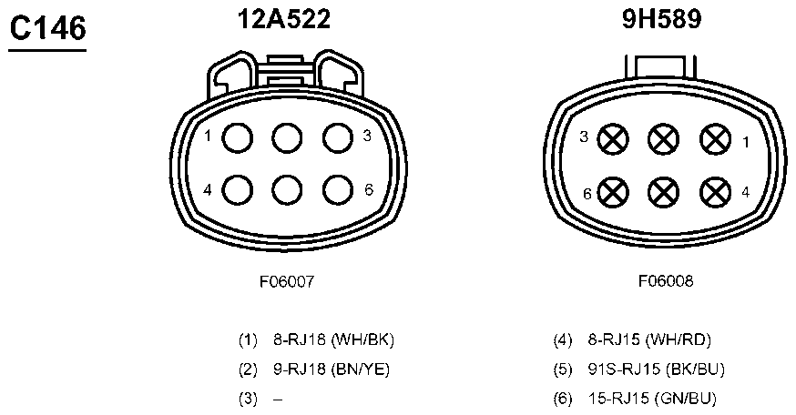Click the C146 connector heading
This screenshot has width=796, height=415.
point(47,28)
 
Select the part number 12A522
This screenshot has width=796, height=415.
point(284,19)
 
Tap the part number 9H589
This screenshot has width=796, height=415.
point(661,19)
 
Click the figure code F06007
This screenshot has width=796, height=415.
point(287,281)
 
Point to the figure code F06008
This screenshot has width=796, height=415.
point(666,280)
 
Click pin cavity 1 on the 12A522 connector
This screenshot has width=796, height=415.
point(237,137)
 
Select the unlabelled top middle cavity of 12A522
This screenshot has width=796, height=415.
point(287,137)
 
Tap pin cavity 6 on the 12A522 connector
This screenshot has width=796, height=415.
point(338,190)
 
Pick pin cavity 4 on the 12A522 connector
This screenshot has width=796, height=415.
point(237,190)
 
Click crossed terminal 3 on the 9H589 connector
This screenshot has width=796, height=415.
point(613,139)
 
